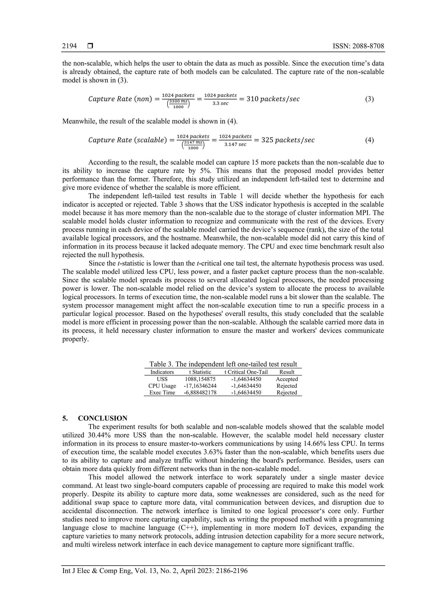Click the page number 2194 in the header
pos(69,46)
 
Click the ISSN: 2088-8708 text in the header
pos(358,46)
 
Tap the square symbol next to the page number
pos(90,46)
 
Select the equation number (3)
pos(369,99)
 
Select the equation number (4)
pos(369,140)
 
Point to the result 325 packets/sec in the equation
pos(288,140)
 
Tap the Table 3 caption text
pos(223,364)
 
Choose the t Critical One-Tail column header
pos(246,372)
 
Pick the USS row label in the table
pos(162,379)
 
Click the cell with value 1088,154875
pos(200,379)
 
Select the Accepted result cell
pos(287,379)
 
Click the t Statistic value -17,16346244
pos(200,386)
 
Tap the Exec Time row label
pos(162,393)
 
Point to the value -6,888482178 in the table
pos(200,393)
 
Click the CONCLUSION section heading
pos(103,418)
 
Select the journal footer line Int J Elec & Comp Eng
pos(155,571)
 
